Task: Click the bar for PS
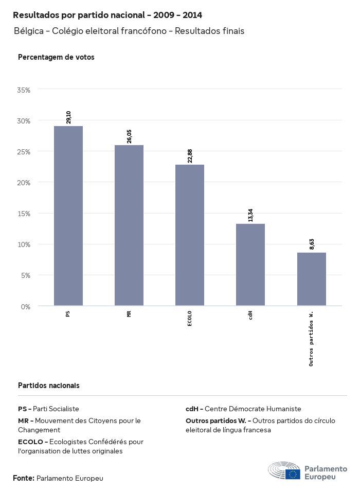coord(68,216)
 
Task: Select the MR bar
coord(129,225)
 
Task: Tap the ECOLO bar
coord(190,235)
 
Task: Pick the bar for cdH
coord(250,265)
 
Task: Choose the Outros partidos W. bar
coord(311,279)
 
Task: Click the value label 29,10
coord(68,117)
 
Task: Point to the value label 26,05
coord(129,136)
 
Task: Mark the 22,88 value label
coord(190,155)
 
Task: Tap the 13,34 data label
coord(250,215)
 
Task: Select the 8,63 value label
coord(311,244)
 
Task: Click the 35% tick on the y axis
coord(24,90)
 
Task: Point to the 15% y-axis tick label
coord(24,214)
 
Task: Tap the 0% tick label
coord(26,307)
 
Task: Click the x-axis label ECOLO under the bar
coord(190,318)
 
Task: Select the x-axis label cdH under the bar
coord(250,315)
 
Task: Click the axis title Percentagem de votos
coord(56,57)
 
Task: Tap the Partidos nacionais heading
coord(48,385)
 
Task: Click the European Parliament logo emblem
coord(284,471)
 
